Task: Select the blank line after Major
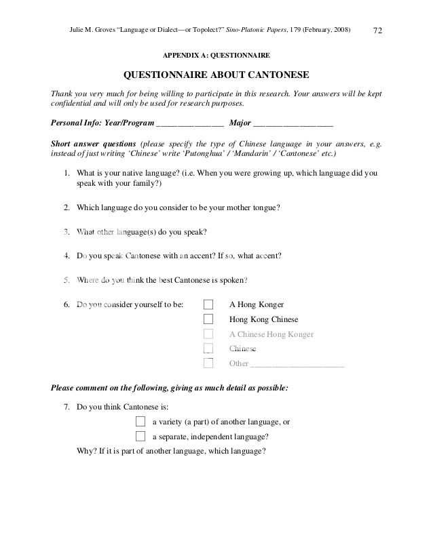pyautogui.click(x=293, y=124)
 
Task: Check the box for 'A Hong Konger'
pyautogui.click(x=208, y=304)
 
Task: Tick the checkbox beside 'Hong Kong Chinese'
pyautogui.click(x=208, y=319)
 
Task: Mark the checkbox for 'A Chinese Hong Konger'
pyautogui.click(x=208, y=334)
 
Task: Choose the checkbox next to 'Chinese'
pyautogui.click(x=208, y=348)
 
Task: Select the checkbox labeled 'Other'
pyautogui.click(x=208, y=363)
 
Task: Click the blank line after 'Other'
pyautogui.click(x=297, y=364)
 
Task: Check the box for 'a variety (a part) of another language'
pyautogui.click(x=141, y=421)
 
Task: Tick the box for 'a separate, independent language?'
pyautogui.click(x=141, y=436)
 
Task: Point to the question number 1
pyautogui.click(x=67, y=173)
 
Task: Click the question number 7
pyautogui.click(x=67, y=407)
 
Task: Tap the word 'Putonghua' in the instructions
pyautogui.click(x=174, y=154)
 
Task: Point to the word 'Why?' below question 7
pyautogui.click(x=87, y=451)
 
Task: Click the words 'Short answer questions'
pyautogui.click(x=93, y=144)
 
